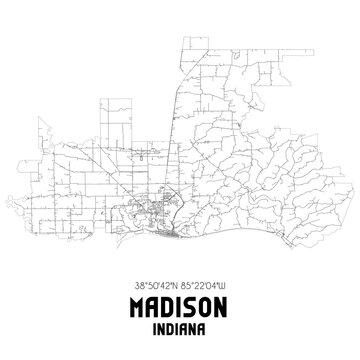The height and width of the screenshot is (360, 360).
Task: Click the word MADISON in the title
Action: (180, 305)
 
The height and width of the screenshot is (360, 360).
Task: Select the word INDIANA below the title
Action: (180, 327)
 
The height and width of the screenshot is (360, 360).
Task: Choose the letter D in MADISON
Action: (165, 305)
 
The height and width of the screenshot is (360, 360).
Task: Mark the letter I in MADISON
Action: (177, 305)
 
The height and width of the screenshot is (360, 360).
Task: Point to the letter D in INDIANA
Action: (172, 327)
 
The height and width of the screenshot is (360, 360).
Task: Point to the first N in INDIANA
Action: (163, 327)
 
